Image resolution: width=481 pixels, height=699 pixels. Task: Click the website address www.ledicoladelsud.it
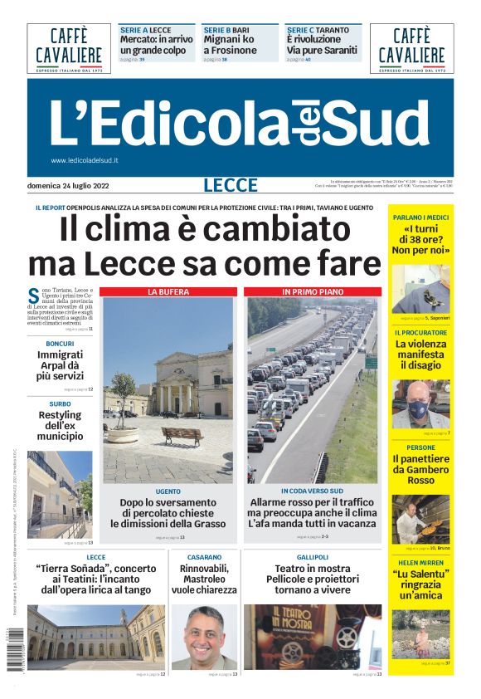85,160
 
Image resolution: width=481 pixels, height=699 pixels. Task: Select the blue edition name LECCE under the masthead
229,186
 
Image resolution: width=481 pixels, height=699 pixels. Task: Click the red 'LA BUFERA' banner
168,292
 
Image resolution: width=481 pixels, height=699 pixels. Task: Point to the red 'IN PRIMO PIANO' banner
313,292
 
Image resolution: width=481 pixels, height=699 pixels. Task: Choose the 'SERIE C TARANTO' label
318,30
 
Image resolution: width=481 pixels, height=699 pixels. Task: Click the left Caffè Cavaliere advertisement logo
68,48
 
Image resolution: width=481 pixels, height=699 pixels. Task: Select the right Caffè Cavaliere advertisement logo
411,48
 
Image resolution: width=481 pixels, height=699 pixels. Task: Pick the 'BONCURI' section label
60,344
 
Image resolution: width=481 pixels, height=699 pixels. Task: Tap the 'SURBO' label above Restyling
60,403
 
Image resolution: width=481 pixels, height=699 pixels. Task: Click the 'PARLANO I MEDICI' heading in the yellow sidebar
421,218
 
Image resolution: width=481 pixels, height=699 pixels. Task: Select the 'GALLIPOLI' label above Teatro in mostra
313,557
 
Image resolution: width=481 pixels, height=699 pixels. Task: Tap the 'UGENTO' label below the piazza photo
168,491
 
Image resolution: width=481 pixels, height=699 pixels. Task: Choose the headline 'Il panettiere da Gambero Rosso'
421,469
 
